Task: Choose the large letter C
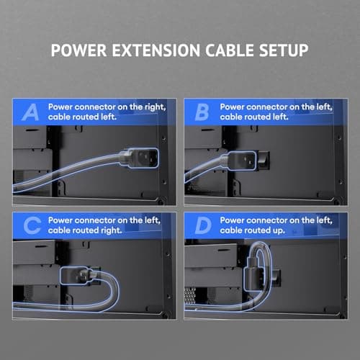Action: pos(31,226)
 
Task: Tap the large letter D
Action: pos(202,226)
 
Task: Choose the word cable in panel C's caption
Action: pos(61,230)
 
